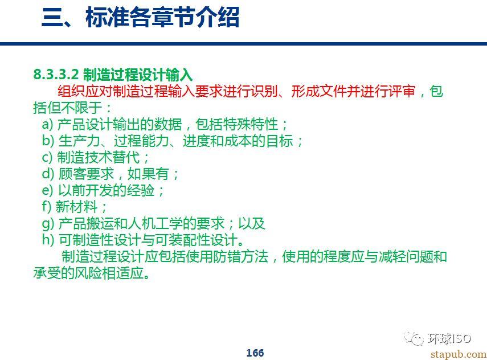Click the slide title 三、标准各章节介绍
(140, 17)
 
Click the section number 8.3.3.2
(56, 74)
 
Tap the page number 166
(255, 353)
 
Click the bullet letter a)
(48, 125)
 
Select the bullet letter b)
(48, 141)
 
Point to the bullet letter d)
(48, 174)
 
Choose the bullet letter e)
(48, 190)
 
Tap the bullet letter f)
(47, 207)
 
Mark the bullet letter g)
(48, 224)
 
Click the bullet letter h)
(48, 239)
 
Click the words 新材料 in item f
(77, 207)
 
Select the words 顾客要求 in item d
(87, 174)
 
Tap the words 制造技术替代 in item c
(99, 157)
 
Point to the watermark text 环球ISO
(449, 338)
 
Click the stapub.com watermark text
(459, 354)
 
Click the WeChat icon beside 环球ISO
(414, 338)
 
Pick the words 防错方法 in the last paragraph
(241, 256)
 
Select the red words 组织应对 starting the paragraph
(85, 91)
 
